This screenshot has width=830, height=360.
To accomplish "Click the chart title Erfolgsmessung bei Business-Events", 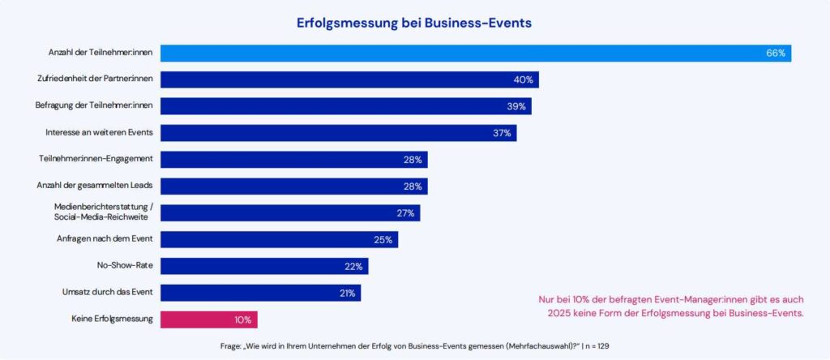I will click(415, 23).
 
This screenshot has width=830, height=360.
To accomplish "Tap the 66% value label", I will click(776, 53).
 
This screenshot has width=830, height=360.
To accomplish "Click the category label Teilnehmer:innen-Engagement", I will click(96, 160).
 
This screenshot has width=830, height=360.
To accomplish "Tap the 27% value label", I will click(405, 213).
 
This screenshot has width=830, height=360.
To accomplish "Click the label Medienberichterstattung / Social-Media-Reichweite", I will click(103, 212).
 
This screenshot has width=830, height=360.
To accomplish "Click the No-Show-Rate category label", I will click(125, 266).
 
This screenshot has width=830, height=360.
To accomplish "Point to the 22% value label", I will click(354, 267).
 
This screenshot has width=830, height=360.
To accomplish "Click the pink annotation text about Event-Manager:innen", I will click(671, 306).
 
